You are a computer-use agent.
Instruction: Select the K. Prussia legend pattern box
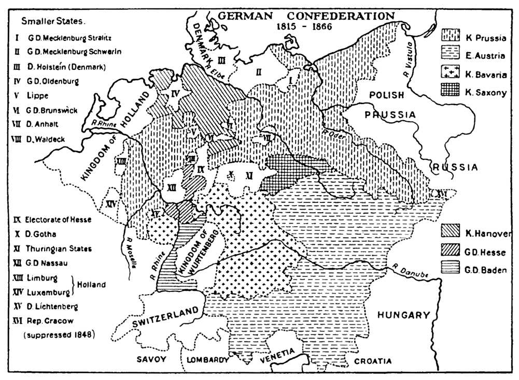(x=451, y=37)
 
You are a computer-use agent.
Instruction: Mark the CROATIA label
(x=373, y=361)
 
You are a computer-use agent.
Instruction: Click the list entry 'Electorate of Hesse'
(x=57, y=219)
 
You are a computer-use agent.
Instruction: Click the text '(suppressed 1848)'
(x=59, y=334)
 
